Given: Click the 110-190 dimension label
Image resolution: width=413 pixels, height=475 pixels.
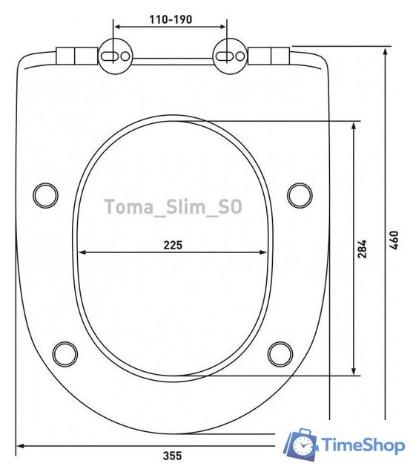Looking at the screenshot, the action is [x=171, y=20].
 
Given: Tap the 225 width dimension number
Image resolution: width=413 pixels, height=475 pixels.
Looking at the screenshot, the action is [x=173, y=245].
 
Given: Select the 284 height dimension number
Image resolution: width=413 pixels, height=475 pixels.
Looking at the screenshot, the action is [x=362, y=249].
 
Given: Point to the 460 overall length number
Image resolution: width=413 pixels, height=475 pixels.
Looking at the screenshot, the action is [x=394, y=240].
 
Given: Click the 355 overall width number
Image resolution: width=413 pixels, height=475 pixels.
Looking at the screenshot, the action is [x=173, y=455].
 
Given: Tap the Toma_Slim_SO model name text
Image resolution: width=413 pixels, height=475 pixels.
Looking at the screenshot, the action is [x=173, y=207].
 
